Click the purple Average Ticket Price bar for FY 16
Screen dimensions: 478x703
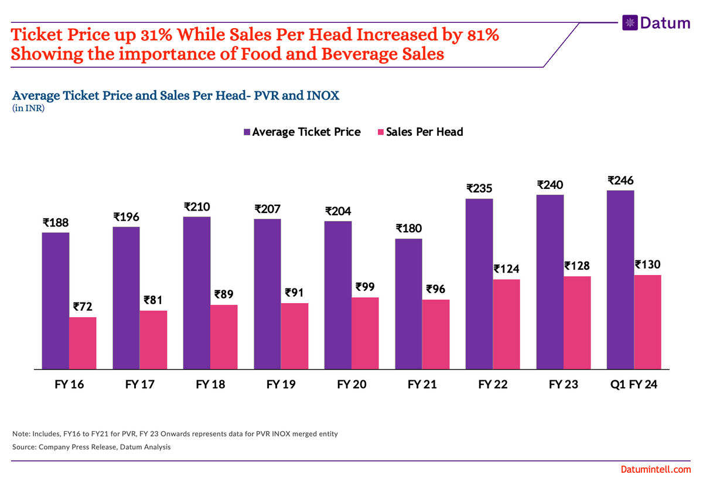point(55,301)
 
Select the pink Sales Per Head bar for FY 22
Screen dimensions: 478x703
point(506,324)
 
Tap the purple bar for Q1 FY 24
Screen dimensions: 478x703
point(620,280)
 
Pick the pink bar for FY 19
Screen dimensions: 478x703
point(294,336)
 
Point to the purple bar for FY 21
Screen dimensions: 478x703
point(408,304)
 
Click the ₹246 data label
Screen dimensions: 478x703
point(620,180)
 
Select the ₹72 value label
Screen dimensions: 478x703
point(83,307)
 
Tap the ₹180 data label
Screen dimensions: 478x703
point(408,228)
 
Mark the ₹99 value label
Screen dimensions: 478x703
point(366,287)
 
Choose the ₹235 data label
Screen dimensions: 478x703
point(479,188)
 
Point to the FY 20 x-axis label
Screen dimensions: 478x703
point(351,385)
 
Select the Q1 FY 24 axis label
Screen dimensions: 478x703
point(634,385)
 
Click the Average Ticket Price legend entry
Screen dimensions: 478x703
point(302,132)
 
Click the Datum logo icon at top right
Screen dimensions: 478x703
point(630,22)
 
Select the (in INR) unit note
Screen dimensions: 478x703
point(28,108)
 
